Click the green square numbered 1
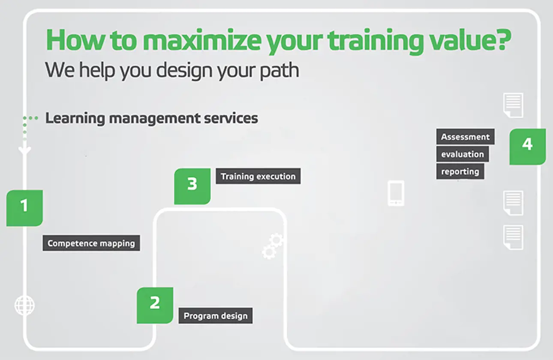point(24,208)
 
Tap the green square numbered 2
point(155,305)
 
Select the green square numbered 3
point(192,186)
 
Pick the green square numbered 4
point(527,147)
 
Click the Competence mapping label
point(91,243)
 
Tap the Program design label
point(216,316)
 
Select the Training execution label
point(258,176)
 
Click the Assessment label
point(465,137)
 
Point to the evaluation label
point(462,154)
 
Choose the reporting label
point(460,171)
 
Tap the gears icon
point(272,246)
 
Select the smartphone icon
point(396,193)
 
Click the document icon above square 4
point(513,105)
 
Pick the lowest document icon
point(513,237)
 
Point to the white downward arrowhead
point(24,151)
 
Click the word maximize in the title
point(201,40)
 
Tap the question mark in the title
point(502,39)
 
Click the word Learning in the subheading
point(75,118)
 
